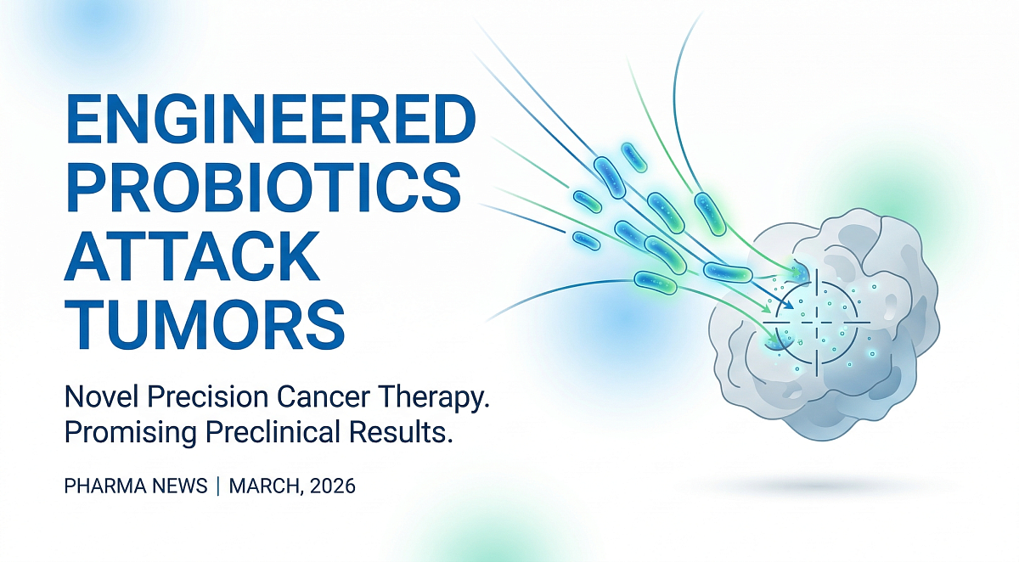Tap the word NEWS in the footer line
point(182,487)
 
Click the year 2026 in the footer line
point(333,487)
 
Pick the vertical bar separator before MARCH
point(217,487)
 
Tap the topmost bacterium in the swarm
point(633,155)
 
